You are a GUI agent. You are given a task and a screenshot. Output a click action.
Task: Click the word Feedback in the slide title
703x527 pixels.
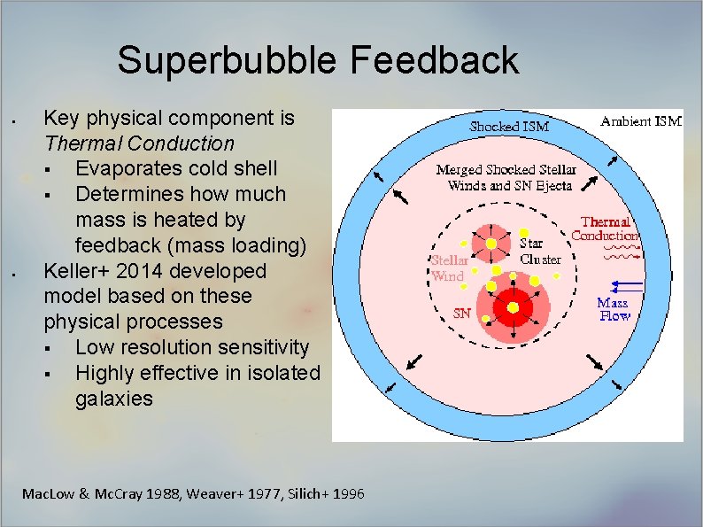click(434, 61)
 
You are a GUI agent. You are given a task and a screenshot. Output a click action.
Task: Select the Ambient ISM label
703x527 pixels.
click(641, 121)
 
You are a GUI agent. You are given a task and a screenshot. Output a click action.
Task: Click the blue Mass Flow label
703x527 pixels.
click(614, 309)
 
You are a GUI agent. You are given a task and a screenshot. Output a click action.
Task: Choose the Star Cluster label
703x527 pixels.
click(539, 251)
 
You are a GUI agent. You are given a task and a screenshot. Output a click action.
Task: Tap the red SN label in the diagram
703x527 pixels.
click(461, 314)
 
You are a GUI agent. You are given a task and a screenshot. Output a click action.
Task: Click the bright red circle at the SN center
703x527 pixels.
click(512, 307)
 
